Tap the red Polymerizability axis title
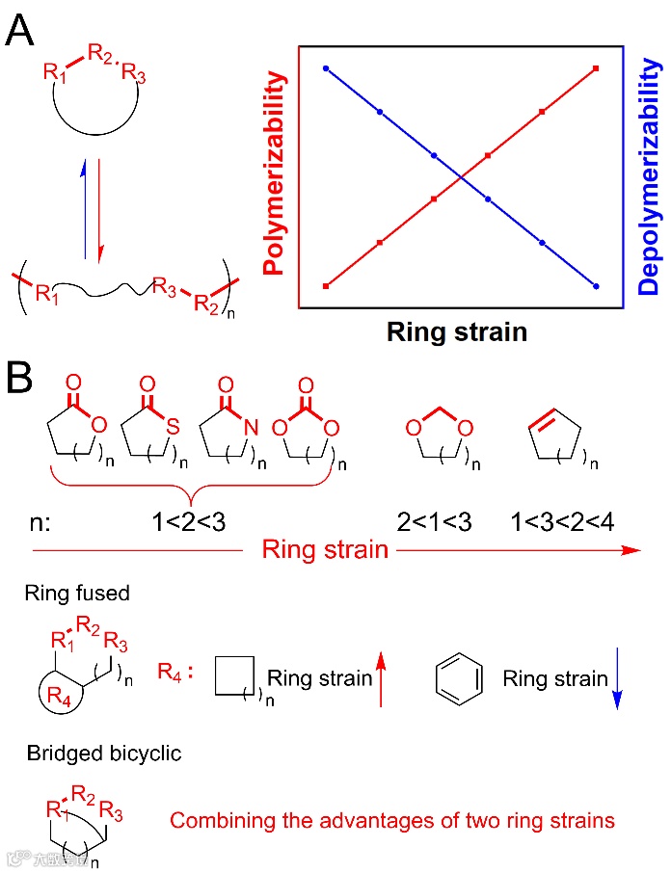276,177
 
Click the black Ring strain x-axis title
456,332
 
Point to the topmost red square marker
597,68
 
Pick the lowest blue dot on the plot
597,286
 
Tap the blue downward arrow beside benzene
617,689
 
